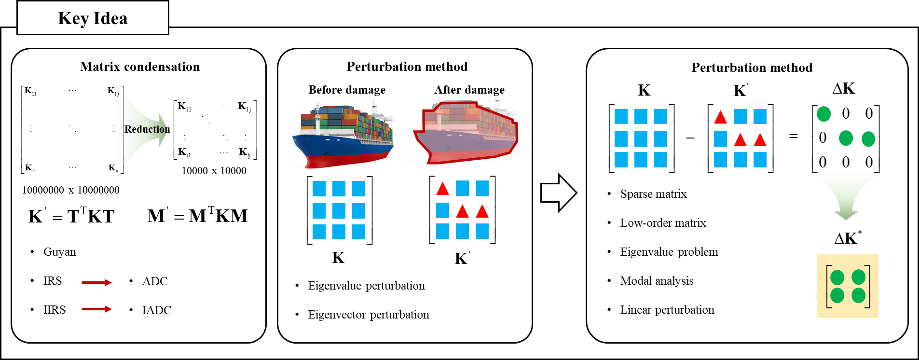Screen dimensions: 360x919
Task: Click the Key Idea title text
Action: pyautogui.click(x=93, y=18)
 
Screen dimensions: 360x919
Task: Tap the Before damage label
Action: pyautogui.click(x=346, y=90)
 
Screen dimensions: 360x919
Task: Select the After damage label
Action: pyautogui.click(x=469, y=91)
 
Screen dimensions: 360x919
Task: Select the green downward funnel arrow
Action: pyautogui.click(x=846, y=193)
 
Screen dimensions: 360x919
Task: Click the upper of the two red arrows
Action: pyautogui.click(x=96, y=282)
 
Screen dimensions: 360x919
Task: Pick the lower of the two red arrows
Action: pyautogui.click(x=96, y=309)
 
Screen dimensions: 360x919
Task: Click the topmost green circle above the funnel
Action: pyautogui.click(x=824, y=114)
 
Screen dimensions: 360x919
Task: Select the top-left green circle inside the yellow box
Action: pyautogui.click(x=837, y=277)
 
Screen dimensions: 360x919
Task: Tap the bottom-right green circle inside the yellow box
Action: pyautogui.click(x=859, y=295)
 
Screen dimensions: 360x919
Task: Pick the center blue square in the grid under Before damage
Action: pyautogui.click(x=339, y=211)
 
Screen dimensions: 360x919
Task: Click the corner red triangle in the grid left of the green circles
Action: pyautogui.click(x=721, y=117)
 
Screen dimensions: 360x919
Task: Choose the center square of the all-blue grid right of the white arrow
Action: pyautogui.click(x=641, y=139)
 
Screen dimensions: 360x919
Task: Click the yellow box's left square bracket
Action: pyautogui.click(x=828, y=286)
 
